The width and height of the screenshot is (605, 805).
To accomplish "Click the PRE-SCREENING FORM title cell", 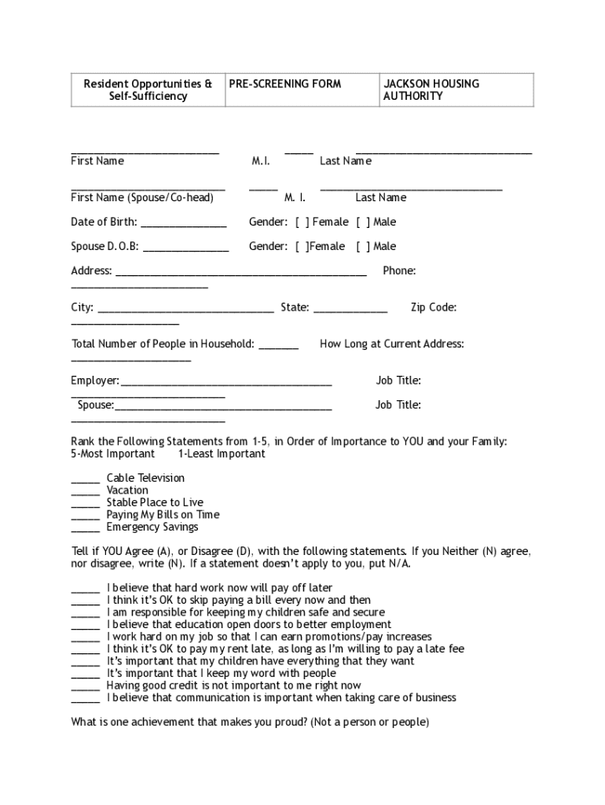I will coord(284,83).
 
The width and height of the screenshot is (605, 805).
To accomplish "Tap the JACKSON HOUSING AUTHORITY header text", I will coord(431,90).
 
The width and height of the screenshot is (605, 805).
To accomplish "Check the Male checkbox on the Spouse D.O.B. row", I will coord(363,246).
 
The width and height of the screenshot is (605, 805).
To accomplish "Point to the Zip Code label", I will coord(433,307).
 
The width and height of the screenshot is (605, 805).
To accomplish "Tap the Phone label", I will coord(399,270).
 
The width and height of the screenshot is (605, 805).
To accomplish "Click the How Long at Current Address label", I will coord(391,344).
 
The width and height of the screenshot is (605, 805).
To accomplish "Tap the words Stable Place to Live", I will coord(155,502).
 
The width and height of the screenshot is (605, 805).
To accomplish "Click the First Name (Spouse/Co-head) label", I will coord(142,197).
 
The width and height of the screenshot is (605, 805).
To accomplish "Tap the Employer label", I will coord(95,380).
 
